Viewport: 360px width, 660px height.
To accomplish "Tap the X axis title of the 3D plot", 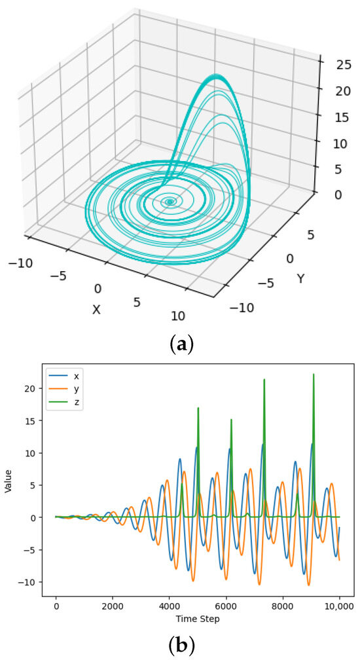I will (96, 309).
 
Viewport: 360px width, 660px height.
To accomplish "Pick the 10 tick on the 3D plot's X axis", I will (177, 316).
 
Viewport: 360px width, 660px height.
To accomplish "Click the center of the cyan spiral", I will (170, 202).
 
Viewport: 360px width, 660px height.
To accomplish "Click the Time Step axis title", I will (197, 619).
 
